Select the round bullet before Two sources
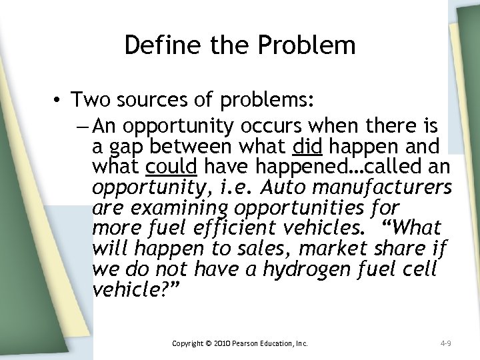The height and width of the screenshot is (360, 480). coord(61,101)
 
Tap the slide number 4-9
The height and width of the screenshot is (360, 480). coord(447,344)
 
